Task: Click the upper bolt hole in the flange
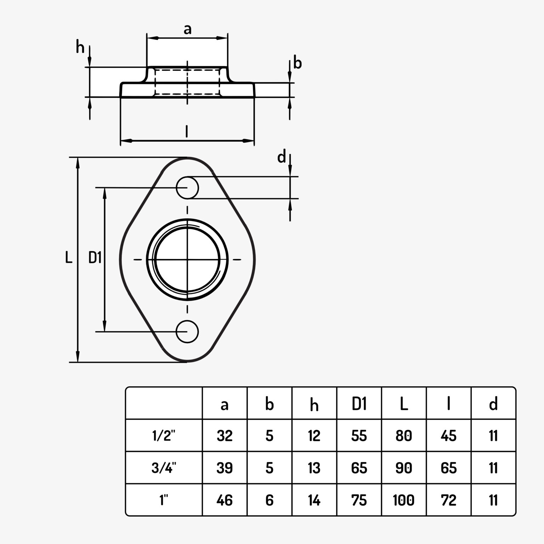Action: [187, 187]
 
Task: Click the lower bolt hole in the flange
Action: [187, 331]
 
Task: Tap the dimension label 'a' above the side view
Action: [187, 29]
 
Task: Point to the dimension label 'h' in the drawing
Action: [80, 47]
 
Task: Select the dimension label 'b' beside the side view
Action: [298, 63]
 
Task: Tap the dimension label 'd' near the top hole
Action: [282, 157]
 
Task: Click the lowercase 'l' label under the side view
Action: [187, 131]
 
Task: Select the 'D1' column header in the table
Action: [359, 404]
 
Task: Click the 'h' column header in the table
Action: [314, 405]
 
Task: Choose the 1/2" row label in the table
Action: [164, 436]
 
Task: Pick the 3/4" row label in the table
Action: [164, 468]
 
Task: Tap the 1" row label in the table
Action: [164, 500]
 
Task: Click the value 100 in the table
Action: [403, 500]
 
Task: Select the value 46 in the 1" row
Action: [225, 500]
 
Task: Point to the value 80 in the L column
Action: [403, 436]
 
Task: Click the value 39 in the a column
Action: [225, 468]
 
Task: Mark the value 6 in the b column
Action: [269, 500]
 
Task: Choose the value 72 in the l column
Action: [448, 500]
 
